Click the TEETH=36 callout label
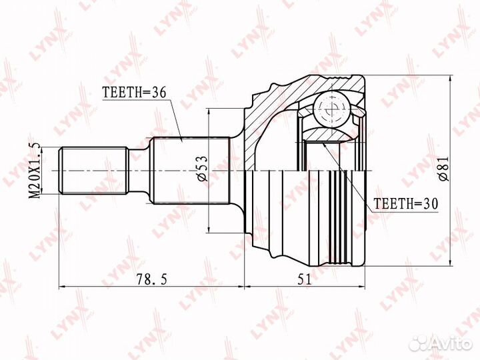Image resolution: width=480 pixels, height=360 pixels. (x=134, y=92)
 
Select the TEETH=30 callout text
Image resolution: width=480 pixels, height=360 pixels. (x=406, y=203)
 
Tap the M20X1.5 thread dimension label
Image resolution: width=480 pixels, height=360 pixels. (x=35, y=170)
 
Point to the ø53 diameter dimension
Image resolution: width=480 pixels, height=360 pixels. (x=203, y=169)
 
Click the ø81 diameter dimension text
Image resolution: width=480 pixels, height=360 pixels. (x=443, y=169)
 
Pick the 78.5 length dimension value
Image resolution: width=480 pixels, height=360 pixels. (x=152, y=279)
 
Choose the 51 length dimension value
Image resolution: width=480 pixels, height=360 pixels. (x=304, y=279)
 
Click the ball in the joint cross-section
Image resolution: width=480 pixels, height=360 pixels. (x=331, y=109)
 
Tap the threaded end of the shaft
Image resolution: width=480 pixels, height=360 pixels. (x=93, y=171)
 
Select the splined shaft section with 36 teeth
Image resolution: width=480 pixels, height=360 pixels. (x=191, y=171)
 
